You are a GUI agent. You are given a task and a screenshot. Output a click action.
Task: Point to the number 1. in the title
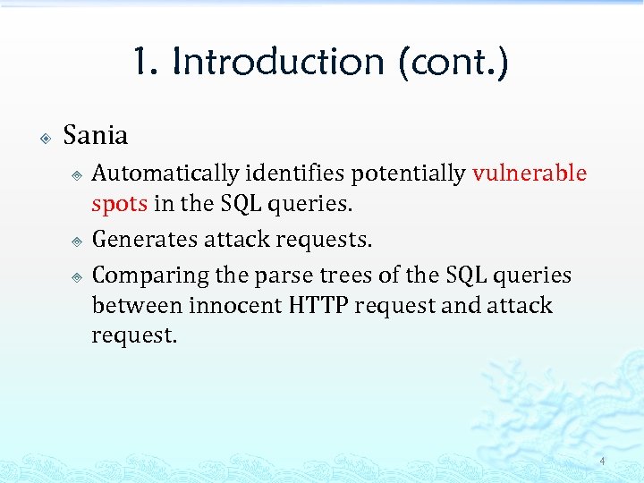point(147,63)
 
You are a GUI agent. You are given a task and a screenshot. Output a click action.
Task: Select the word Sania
point(96,136)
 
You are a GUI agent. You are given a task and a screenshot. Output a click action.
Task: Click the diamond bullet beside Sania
point(45,138)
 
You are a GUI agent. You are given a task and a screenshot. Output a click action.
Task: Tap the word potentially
point(409,173)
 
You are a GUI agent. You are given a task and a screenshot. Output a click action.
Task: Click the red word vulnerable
point(530,173)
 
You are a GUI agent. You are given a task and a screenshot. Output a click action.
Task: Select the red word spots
point(120,203)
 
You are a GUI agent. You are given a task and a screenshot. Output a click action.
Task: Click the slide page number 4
point(602,462)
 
